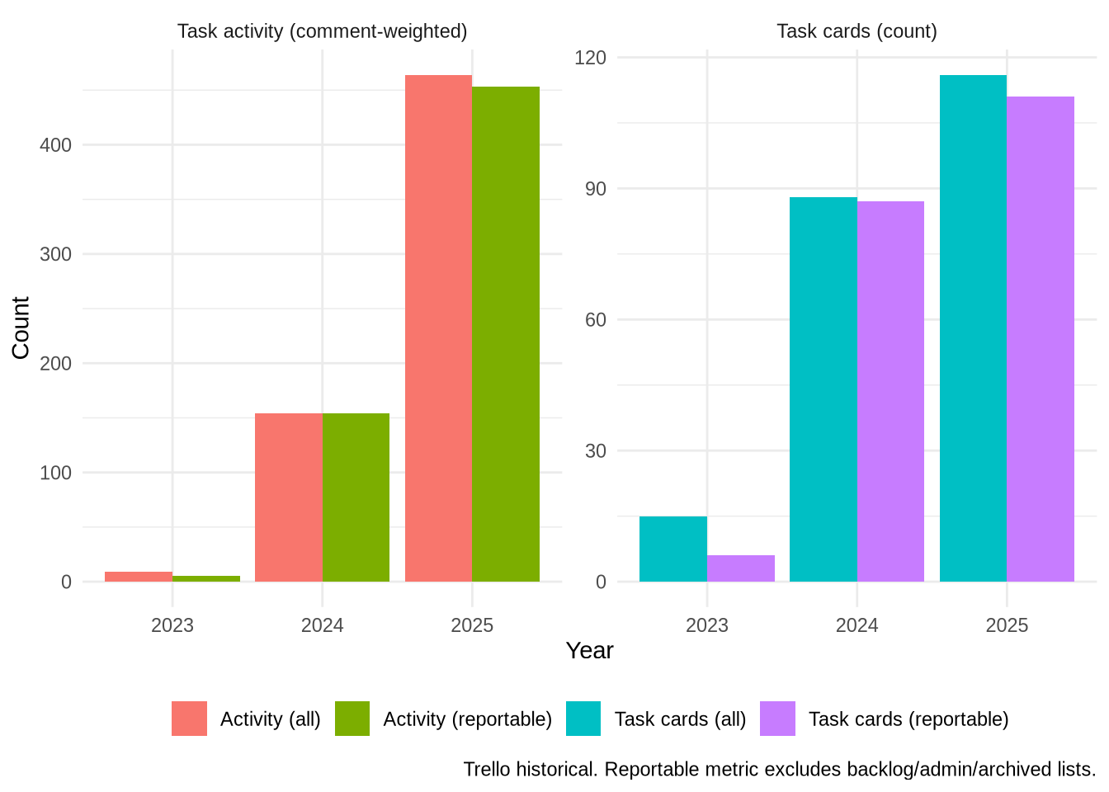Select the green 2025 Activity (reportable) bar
pos(506,334)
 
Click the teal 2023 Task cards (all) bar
pos(672,549)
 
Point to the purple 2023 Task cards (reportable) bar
pos(741,568)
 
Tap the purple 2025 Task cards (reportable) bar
pos(1041,339)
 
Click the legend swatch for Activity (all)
pos(189,719)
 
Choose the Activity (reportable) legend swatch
pos(352,719)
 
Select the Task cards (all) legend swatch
pos(583,719)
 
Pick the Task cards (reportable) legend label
pos(908,719)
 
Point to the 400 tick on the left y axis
pos(56,145)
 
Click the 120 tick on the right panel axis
pos(590,58)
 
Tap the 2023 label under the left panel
pos(172,625)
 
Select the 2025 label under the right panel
pos(1007,625)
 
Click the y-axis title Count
pos(21,328)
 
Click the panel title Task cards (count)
pos(857,31)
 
